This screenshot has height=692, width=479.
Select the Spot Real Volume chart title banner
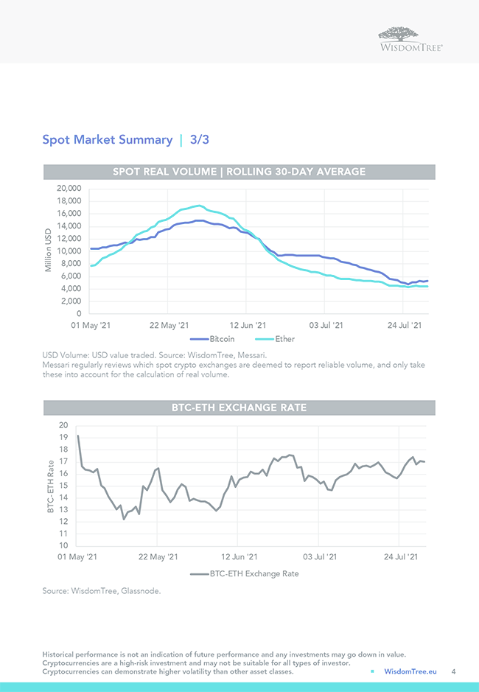(239, 172)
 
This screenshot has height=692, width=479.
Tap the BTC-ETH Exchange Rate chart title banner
(239, 408)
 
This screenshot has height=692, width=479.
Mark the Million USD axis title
(48, 251)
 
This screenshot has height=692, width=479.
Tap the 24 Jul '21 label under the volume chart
(405, 325)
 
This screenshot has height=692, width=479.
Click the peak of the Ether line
(199, 206)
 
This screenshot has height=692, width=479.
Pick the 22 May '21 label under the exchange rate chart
(158, 558)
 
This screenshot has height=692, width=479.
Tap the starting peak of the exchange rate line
(78, 436)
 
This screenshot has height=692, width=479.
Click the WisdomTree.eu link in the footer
(410, 671)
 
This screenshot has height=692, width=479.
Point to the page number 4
(453, 671)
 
